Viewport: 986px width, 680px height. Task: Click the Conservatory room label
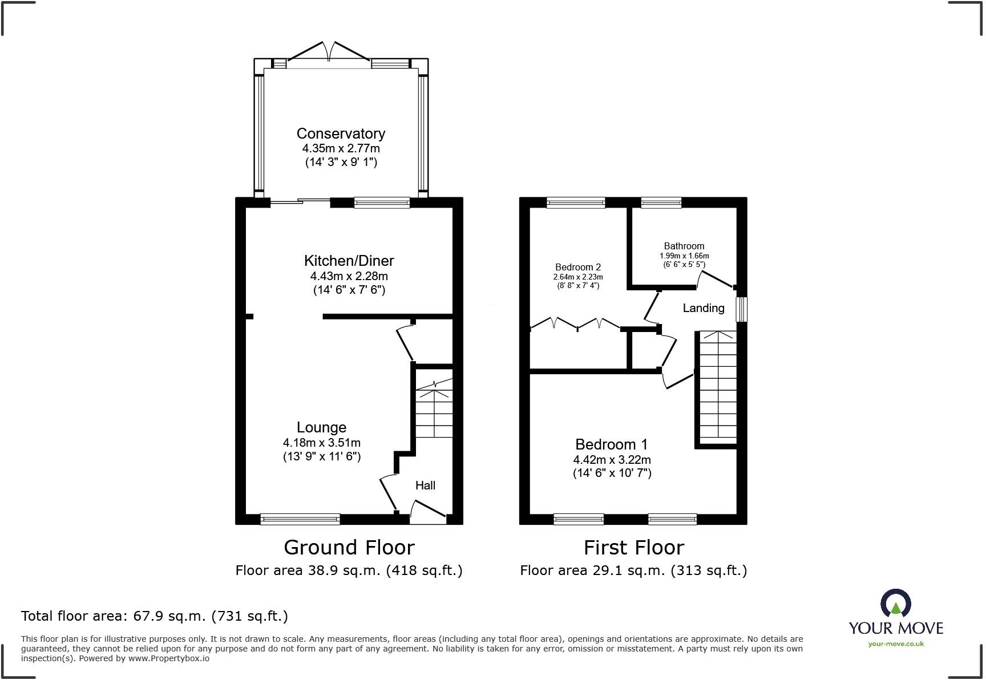[341, 133]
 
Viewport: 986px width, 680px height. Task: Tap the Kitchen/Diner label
[349, 261]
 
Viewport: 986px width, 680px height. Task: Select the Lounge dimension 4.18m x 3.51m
[321, 443]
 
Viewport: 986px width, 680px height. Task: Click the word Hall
[425, 485]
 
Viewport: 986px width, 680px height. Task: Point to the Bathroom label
[684, 246]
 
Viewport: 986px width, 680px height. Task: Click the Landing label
[703, 308]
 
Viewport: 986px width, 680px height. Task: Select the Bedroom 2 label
[578, 267]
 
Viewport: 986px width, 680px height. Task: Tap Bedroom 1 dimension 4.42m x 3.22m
[612, 460]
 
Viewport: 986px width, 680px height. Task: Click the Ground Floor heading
[349, 548]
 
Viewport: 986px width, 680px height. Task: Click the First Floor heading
[633, 548]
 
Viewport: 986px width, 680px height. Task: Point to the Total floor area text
[154, 616]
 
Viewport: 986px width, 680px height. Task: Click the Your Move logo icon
[895, 604]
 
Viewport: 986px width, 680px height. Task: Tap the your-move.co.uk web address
[896, 644]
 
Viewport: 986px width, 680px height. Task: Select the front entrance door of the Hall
[428, 512]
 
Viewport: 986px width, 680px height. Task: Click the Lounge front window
[300, 519]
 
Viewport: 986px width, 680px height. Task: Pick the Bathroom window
[661, 202]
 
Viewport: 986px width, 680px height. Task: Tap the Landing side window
[741, 309]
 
